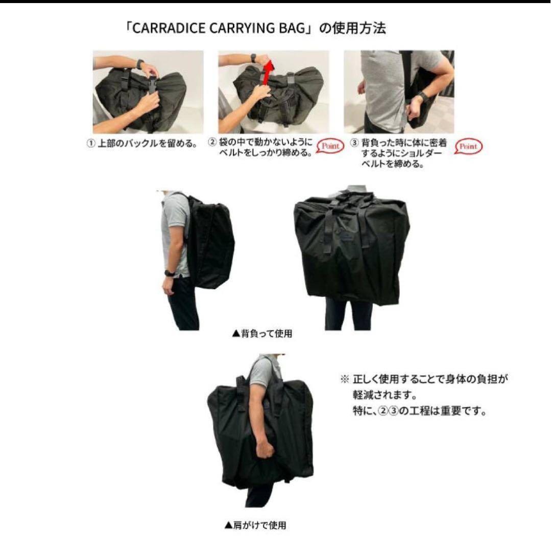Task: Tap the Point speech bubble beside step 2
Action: click(x=330, y=146)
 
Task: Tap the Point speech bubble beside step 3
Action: click(x=468, y=146)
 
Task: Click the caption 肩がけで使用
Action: click(x=255, y=525)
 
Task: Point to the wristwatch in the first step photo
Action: click(x=139, y=64)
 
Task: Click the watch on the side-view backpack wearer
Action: click(x=168, y=272)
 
